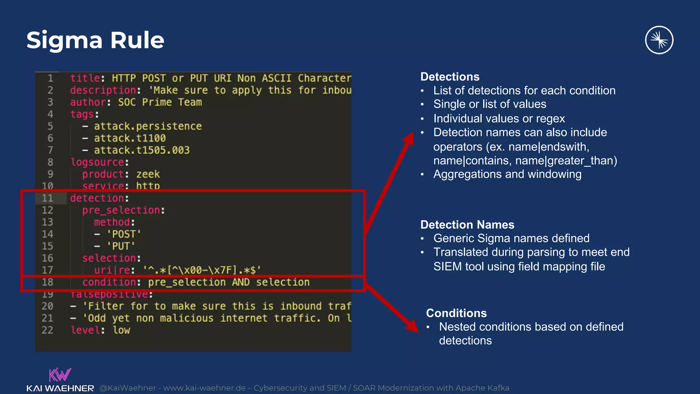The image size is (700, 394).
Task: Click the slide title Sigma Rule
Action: [x=95, y=40]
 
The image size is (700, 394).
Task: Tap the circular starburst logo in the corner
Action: [x=659, y=40]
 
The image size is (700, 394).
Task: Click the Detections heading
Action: [x=450, y=77]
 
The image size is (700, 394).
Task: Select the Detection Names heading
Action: [x=467, y=225]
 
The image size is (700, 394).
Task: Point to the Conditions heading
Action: [x=456, y=313]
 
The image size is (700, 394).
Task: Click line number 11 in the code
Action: [x=48, y=198]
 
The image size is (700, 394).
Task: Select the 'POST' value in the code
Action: [x=123, y=234]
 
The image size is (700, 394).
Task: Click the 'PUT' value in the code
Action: [x=121, y=246]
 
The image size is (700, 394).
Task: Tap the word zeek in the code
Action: [x=148, y=174]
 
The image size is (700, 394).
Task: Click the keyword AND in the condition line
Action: [x=241, y=282]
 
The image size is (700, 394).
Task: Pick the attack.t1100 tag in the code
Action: [x=130, y=138]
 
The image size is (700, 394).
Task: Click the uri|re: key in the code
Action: [x=114, y=270]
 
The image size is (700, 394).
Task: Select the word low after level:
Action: [x=121, y=330]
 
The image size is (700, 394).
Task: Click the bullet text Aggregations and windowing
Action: [x=507, y=174]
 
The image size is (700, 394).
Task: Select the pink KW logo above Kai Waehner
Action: [x=60, y=375]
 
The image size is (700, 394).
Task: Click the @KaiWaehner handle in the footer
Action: [x=127, y=388]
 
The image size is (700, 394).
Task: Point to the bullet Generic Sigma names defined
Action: [x=511, y=238]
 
